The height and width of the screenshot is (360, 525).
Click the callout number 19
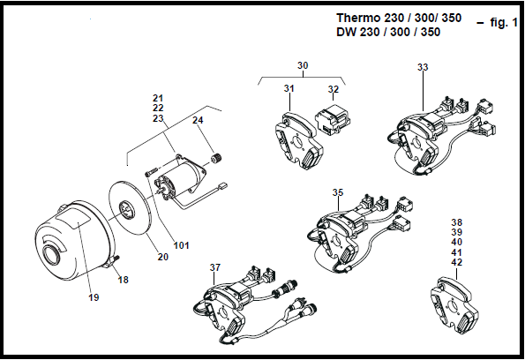click(94, 297)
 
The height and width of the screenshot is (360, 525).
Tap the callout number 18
click(124, 280)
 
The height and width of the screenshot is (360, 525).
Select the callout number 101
click(182, 245)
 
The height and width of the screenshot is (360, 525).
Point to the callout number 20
click(163, 257)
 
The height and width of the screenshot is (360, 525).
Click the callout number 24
click(198, 120)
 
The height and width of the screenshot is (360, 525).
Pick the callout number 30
click(303, 65)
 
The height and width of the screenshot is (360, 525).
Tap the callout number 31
click(289, 88)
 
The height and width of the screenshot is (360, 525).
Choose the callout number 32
click(334, 89)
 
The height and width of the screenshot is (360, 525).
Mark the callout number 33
click(423, 67)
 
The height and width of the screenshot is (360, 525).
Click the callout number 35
click(338, 192)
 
